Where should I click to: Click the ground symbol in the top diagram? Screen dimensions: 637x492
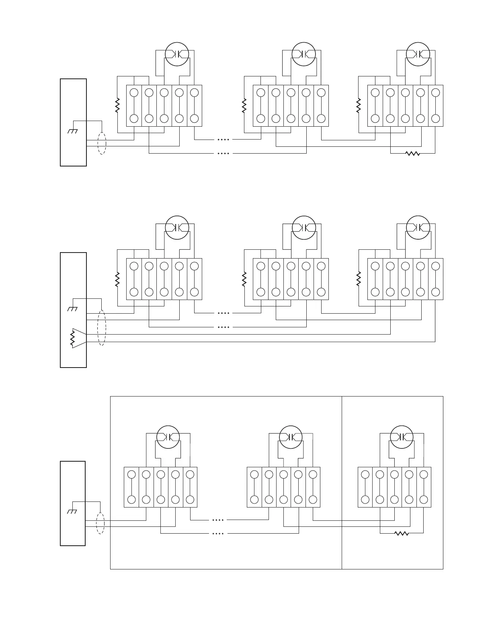click(73, 132)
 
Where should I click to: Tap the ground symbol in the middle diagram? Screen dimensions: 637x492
click(73, 309)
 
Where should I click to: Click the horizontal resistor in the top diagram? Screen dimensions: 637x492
click(412, 153)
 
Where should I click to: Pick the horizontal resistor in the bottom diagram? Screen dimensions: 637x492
click(402, 533)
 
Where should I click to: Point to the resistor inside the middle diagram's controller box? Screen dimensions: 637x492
click(72, 338)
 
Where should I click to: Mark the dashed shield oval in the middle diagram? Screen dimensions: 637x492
click(102, 327)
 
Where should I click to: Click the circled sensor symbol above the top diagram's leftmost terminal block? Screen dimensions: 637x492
click(177, 54)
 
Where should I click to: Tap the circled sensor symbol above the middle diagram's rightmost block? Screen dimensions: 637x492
click(418, 228)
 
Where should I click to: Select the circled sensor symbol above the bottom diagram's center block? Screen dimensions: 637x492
click(291, 437)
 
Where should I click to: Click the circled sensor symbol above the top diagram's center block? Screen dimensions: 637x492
click(303, 54)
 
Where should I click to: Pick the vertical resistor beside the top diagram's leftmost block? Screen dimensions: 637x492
click(117, 105)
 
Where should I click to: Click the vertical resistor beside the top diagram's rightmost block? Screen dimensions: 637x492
click(359, 105)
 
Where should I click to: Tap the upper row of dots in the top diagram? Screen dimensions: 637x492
click(223, 140)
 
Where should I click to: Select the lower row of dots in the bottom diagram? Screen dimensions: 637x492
click(217, 534)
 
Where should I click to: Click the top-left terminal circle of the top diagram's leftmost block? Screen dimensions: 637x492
click(134, 92)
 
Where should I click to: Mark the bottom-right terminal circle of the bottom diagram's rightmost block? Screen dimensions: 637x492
click(424, 499)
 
